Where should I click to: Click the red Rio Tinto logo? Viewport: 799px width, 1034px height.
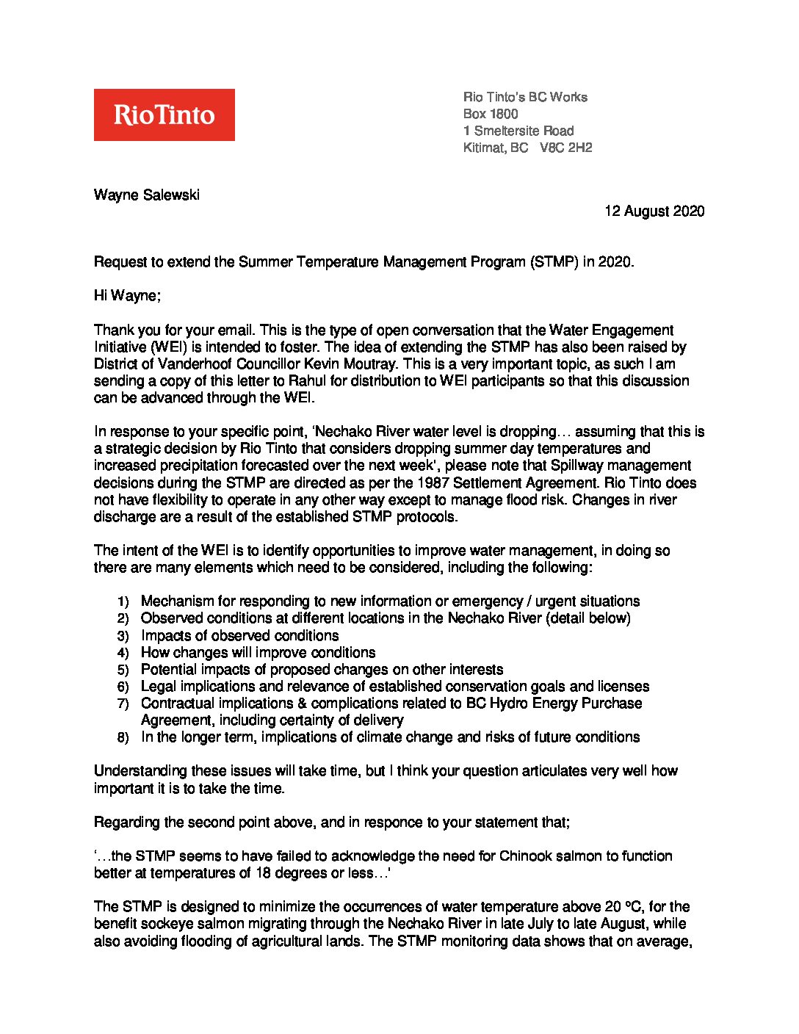[x=164, y=115]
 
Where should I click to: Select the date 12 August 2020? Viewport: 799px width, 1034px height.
[x=654, y=211]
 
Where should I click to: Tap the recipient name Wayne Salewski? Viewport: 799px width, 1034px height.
[x=146, y=195]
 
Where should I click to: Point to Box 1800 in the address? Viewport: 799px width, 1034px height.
[x=490, y=114]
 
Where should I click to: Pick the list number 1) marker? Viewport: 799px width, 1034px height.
[x=123, y=602]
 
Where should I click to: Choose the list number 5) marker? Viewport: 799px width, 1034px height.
[x=123, y=670]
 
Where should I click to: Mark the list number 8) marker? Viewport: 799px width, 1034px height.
[x=123, y=738]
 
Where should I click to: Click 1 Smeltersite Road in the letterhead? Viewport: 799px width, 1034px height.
[x=518, y=131]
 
